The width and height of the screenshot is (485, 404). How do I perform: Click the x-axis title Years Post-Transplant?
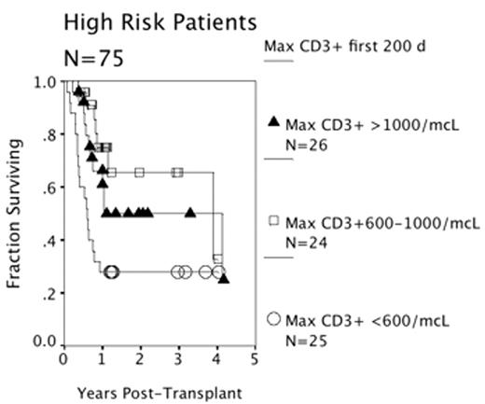point(158,393)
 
